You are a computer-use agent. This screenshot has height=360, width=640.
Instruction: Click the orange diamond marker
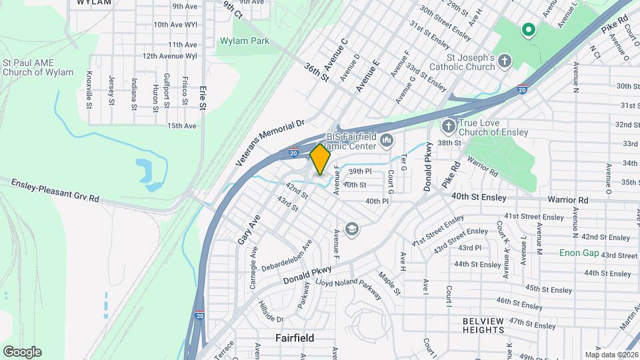click(x=320, y=159)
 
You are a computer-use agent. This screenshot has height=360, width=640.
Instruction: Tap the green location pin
click(x=529, y=30)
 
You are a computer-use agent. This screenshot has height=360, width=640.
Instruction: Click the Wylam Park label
click(x=244, y=41)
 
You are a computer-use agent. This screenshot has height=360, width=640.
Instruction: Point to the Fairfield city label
click(x=295, y=338)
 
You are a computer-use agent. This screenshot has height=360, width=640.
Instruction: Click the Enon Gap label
click(x=579, y=253)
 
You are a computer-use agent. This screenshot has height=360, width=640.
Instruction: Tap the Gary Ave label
click(x=247, y=228)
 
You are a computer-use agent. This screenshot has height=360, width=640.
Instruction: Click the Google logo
click(x=22, y=351)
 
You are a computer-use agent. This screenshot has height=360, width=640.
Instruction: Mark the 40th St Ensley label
click(x=479, y=197)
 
